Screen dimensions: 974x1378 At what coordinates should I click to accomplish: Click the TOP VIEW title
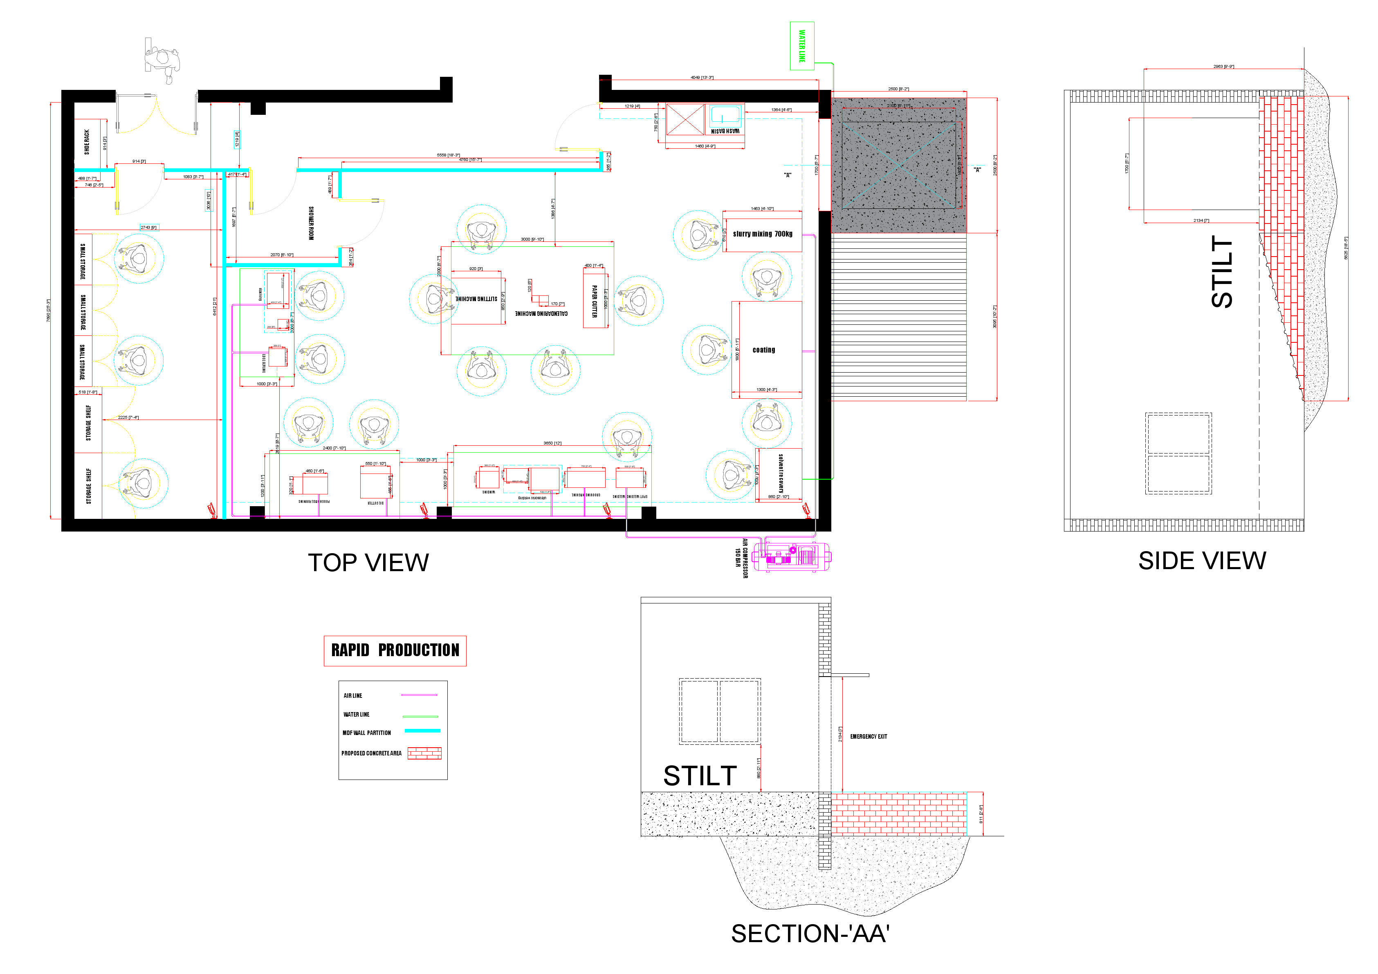tap(368, 563)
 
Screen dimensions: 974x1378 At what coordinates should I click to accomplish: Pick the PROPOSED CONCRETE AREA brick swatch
tap(424, 753)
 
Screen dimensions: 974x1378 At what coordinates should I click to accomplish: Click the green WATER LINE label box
tap(802, 46)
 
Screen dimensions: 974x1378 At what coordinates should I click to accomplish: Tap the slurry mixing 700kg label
tap(762, 234)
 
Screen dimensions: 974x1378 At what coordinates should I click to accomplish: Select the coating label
tap(763, 350)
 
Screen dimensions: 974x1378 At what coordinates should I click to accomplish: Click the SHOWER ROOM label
tap(311, 223)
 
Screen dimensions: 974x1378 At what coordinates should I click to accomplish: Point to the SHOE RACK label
tap(87, 142)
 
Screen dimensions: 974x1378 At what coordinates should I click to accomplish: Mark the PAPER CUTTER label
tap(594, 301)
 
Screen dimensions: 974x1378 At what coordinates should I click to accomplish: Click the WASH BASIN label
tap(725, 131)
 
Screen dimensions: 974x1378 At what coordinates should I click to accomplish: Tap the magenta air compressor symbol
tap(792, 556)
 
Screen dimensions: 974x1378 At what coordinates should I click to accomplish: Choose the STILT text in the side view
tap(1221, 272)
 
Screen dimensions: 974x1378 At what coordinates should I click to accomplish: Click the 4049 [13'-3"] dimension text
tap(702, 77)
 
